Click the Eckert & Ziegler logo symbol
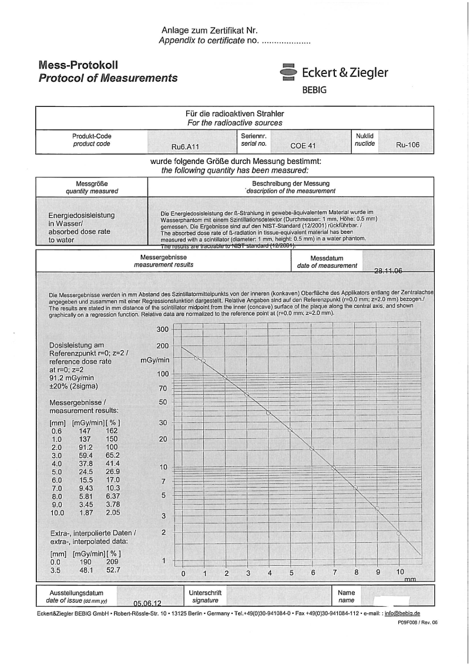(288, 72)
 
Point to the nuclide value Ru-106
(408, 145)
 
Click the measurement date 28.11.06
(388, 271)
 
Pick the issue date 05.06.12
(147, 603)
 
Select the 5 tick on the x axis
(291, 573)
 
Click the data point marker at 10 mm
(399, 533)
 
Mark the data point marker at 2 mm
(225, 377)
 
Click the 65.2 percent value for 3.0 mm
(112, 455)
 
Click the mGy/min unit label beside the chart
(155, 360)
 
